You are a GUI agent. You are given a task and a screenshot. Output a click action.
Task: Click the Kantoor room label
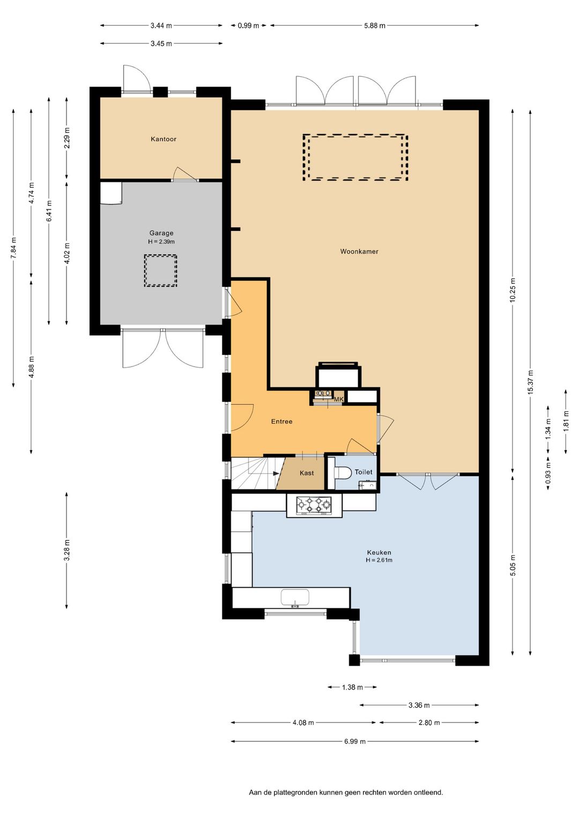pyautogui.click(x=164, y=139)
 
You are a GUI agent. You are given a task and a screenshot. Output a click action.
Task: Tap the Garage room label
pyautogui.click(x=161, y=233)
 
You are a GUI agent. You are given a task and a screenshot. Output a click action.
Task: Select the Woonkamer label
pyautogui.click(x=359, y=251)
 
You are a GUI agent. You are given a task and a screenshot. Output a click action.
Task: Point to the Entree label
pyautogui.click(x=281, y=421)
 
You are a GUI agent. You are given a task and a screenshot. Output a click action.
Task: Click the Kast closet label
pyautogui.click(x=307, y=473)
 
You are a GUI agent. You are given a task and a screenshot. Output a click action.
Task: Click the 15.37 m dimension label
pyautogui.click(x=530, y=382)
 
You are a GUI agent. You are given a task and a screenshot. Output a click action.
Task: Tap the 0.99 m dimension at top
pyautogui.click(x=248, y=26)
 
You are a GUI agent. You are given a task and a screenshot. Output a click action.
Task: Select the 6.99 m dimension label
pyautogui.click(x=355, y=742)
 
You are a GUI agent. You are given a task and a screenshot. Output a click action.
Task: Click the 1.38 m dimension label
pyautogui.click(x=352, y=687)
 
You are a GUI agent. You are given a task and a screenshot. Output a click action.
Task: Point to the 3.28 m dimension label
pyautogui.click(x=66, y=550)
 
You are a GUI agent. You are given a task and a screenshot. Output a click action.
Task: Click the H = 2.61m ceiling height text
pyautogui.click(x=379, y=560)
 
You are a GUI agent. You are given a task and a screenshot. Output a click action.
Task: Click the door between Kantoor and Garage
pyautogui.click(x=185, y=175)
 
